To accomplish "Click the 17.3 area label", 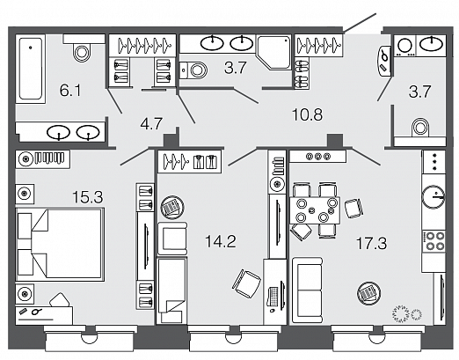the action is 371,244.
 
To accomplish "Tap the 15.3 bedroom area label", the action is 88,197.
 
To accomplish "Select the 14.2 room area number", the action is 221,242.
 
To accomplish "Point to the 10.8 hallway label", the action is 308,114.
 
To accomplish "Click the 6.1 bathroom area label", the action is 70,91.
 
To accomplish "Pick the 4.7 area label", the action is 151,123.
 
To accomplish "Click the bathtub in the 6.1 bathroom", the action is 31,69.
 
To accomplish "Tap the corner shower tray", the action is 273,52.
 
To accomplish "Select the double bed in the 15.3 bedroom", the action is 61,245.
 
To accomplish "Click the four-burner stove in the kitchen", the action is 433,241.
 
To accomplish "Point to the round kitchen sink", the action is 433,196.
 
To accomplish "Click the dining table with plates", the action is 315,210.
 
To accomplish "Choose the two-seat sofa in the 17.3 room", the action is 308,290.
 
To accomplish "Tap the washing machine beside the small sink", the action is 404,46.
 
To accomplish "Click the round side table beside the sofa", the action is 368,293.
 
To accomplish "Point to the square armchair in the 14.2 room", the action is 172,239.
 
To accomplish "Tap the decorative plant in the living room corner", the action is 407,313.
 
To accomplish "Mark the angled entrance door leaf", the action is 360,23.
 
